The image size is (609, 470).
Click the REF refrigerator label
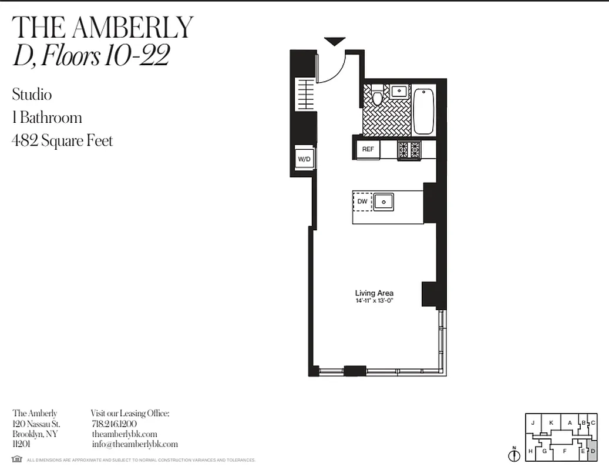tap(368, 149)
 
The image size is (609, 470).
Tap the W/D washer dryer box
tap(304, 159)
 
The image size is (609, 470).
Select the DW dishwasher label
tap(362, 202)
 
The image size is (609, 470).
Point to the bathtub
tap(423, 111)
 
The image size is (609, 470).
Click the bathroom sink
tap(400, 91)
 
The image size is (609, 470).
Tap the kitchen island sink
tap(384, 202)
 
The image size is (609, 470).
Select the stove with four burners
tap(409, 150)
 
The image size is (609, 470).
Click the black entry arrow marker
tap(335, 42)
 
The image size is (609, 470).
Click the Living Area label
tap(374, 293)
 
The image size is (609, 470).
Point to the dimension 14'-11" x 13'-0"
tap(374, 301)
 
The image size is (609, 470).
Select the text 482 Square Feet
tap(62, 141)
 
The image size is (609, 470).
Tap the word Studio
tap(32, 95)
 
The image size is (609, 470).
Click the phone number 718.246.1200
tap(115, 424)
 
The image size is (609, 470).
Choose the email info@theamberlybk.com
tap(134, 444)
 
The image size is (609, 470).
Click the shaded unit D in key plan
tap(593, 451)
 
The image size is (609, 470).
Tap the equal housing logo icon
tap(16, 459)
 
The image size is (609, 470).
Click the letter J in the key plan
tap(533, 422)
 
